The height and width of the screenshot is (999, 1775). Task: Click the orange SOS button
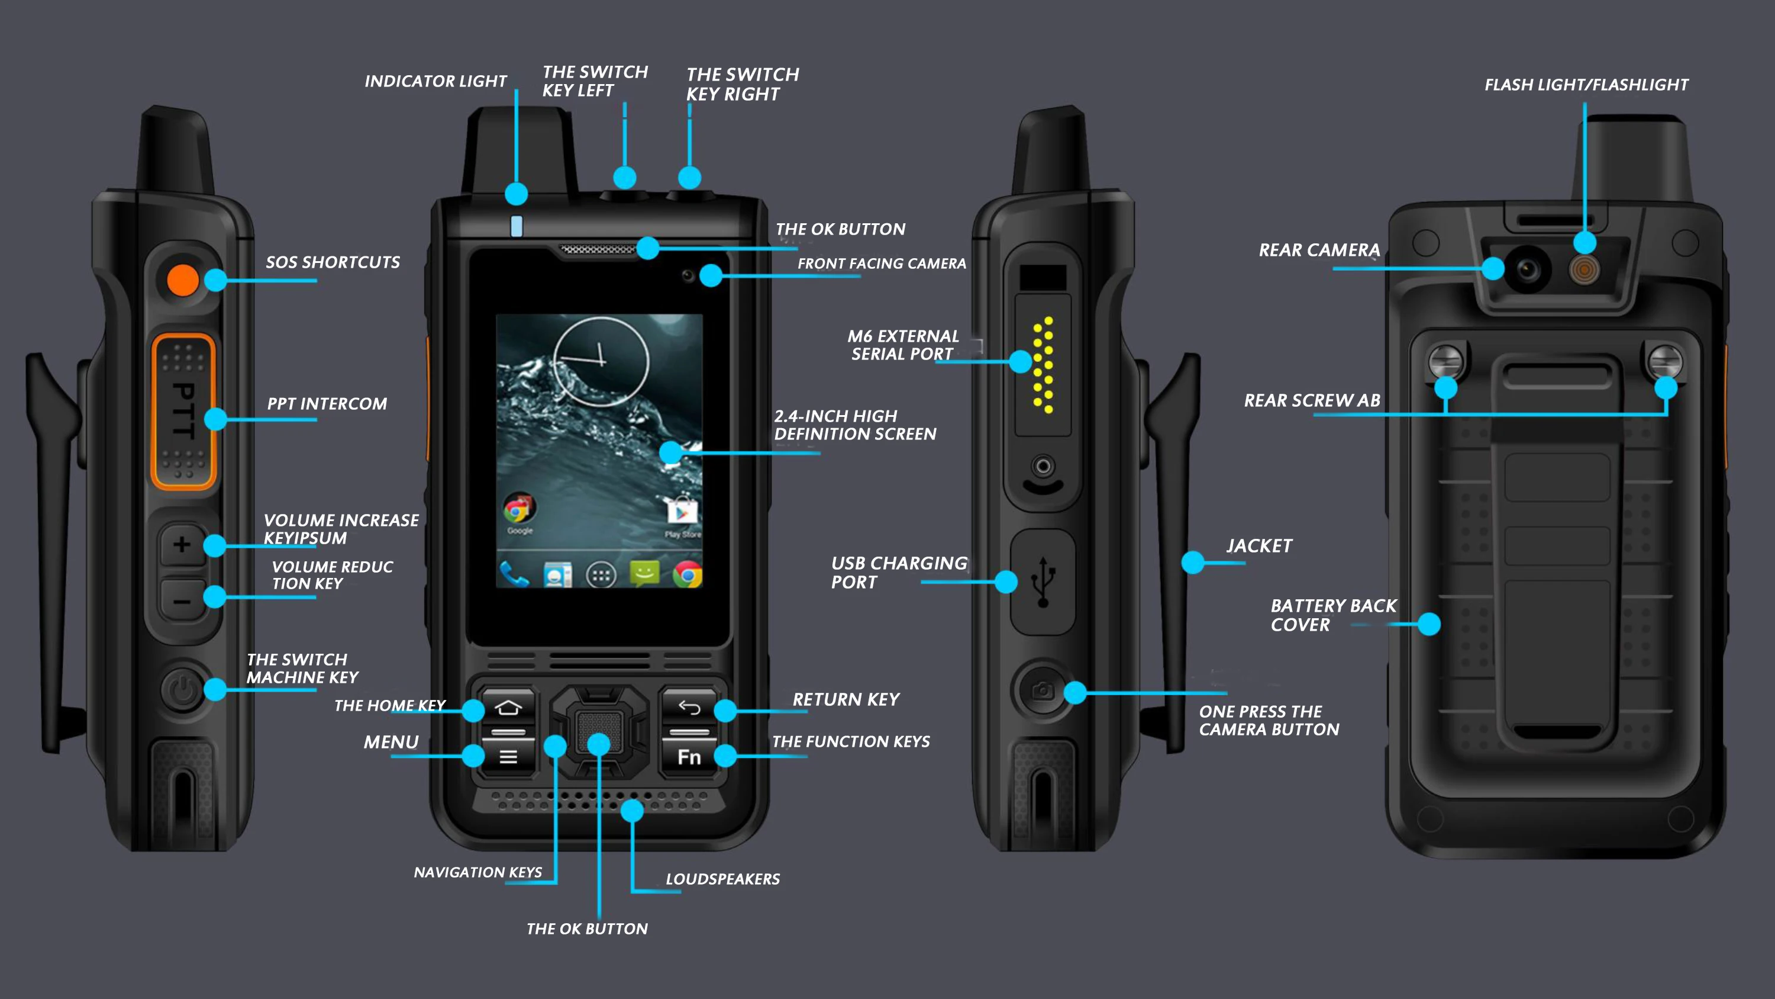point(183,280)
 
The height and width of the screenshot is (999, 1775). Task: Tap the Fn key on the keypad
point(689,757)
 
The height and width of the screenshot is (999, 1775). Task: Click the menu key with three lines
point(508,757)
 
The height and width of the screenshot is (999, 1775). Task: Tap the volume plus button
point(182,545)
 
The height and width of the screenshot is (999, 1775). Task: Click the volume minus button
point(182,601)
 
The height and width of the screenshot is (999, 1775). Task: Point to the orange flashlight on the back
point(1584,269)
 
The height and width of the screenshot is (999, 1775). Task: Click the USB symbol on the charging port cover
point(1043,581)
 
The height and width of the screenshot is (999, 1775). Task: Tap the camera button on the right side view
point(1042,690)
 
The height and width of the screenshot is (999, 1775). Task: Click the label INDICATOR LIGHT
point(435,81)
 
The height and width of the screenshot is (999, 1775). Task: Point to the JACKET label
point(1259,546)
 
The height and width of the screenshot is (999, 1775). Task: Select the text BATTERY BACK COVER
point(1332,615)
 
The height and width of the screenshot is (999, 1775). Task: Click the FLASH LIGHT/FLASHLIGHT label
point(1586,85)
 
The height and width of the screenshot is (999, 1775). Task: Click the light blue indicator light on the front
point(517,226)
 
